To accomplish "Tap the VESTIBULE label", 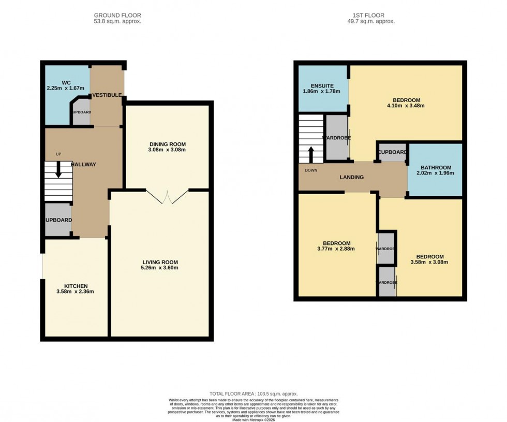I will [107, 95].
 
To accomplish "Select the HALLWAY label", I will [84, 164].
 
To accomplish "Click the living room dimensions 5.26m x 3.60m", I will [160, 268].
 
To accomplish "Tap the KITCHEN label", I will [76, 286].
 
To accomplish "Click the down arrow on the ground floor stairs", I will [58, 170].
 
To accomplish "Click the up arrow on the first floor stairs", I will [311, 154].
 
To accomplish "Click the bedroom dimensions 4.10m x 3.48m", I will [406, 106].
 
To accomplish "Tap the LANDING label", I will [351, 177].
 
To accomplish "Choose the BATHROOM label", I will [436, 168].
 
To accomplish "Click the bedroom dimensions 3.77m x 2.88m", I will [336, 250].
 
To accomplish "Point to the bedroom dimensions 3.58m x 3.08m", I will [429, 262].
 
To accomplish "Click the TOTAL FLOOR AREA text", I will [253, 394].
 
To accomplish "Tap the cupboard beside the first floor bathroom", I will [392, 152].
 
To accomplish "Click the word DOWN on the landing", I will [311, 170].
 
